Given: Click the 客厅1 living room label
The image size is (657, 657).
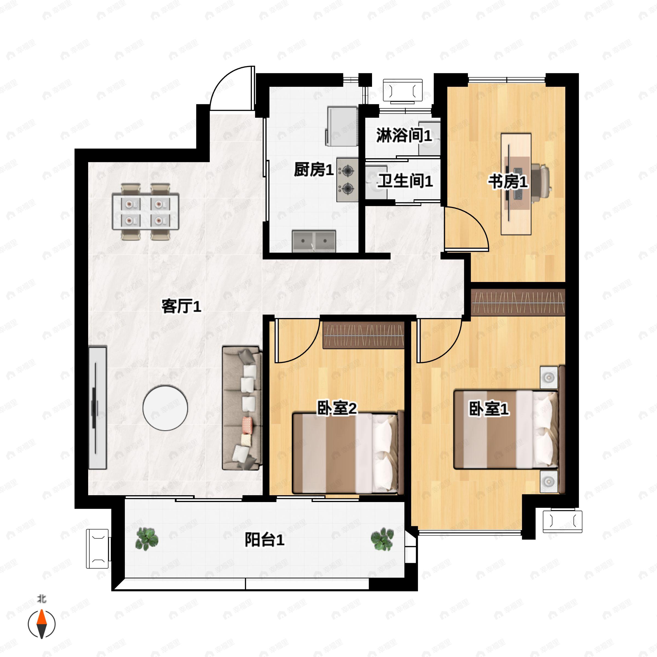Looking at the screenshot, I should click(181, 306).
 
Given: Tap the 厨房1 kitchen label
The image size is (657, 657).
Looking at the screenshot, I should click(313, 169).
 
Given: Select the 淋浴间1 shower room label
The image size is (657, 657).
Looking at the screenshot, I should click(404, 135).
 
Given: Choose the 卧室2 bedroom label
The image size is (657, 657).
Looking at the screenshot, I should click(337, 408).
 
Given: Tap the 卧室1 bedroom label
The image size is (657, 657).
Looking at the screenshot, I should click(489, 409).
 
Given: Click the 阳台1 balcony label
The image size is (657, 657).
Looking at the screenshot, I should click(264, 540).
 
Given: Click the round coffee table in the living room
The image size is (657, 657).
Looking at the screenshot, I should click(165, 408).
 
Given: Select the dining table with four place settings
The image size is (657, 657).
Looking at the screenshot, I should click(146, 212).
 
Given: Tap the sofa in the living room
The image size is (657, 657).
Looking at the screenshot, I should click(242, 408).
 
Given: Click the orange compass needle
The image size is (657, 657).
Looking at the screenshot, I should click(42, 617).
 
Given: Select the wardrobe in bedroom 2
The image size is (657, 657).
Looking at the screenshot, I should click(363, 336).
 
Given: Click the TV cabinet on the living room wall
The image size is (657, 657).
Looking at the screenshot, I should click(98, 408).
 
